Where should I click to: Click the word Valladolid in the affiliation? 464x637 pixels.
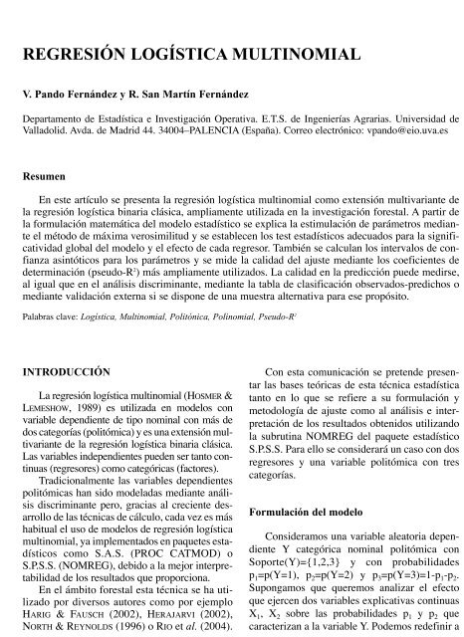click(x=45, y=130)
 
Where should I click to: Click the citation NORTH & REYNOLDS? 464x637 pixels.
click(x=66, y=628)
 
